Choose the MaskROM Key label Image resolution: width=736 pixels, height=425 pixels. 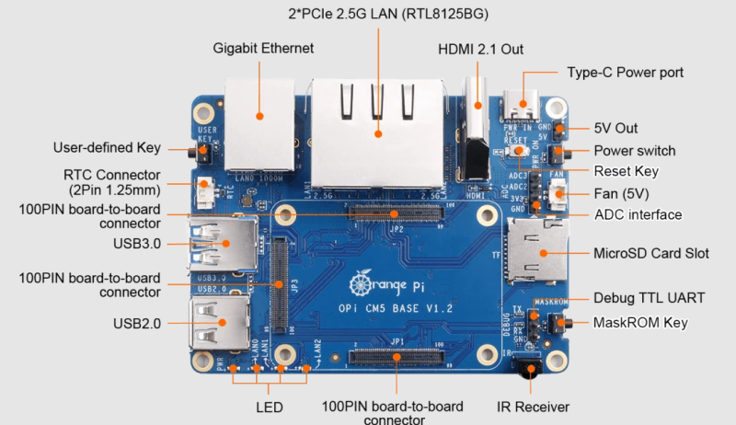pyautogui.click(x=640, y=323)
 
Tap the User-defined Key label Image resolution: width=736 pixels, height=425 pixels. pyautogui.click(x=107, y=147)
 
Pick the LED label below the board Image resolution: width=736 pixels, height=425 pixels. pyautogui.click(x=270, y=407)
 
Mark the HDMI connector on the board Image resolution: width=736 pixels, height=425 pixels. pyautogui.click(x=477, y=138)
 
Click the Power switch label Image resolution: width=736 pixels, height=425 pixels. pyautogui.click(x=634, y=151)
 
